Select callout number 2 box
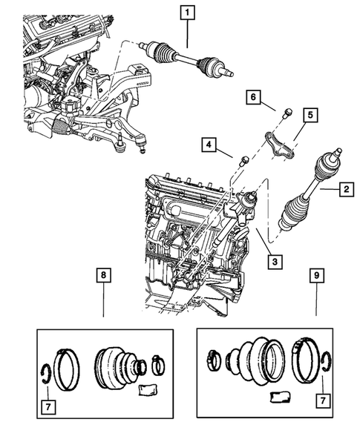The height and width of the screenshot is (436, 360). click(345, 191)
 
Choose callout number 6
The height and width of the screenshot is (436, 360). click(255, 96)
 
